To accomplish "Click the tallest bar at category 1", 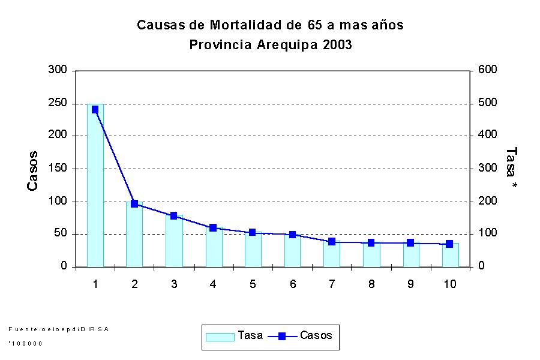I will coord(95,186).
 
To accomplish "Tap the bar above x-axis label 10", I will coord(450,255).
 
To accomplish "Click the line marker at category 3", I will coord(174,215).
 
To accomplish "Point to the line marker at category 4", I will coord(213,227).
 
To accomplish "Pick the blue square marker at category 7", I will coord(332,241).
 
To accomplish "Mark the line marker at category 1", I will coord(95,110).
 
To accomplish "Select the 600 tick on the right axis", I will coord(487,70).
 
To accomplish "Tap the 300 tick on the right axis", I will coord(487,169).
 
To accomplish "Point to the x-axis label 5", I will coord(253,284).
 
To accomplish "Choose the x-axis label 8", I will coord(371,284).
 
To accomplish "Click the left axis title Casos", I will coord(33,171).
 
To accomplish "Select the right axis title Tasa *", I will coord(511,170).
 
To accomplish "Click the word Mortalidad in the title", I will coord(246,25).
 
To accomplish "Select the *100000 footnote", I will coord(25,344).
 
